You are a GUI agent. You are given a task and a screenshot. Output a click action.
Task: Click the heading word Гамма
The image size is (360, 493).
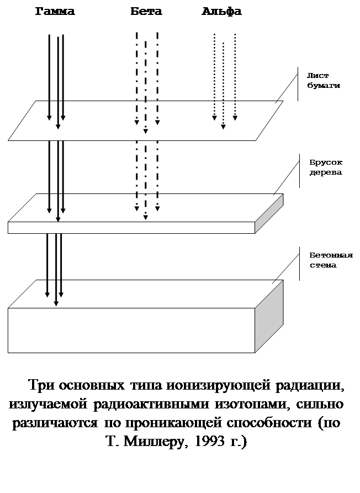click(x=55, y=11)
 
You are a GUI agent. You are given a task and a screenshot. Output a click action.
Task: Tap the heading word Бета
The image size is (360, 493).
click(x=147, y=11)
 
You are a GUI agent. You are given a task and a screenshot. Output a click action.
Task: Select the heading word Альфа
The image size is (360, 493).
click(x=221, y=11)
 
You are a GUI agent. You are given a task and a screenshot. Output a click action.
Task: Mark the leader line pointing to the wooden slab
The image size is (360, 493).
click(x=286, y=178)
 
